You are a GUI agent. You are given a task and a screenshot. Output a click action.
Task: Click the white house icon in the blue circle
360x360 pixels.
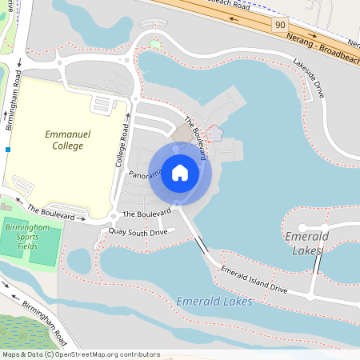(180, 173)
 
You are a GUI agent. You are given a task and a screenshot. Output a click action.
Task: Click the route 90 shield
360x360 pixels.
(279, 26)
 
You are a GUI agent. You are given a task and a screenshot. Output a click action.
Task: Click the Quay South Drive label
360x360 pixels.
(138, 232)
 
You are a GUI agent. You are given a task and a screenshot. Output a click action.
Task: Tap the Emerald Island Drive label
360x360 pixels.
(254, 278)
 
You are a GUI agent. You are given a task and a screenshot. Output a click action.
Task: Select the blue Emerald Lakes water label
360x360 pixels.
(214, 302)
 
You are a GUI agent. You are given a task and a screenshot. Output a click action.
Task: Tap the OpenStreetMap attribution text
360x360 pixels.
(80, 354)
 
